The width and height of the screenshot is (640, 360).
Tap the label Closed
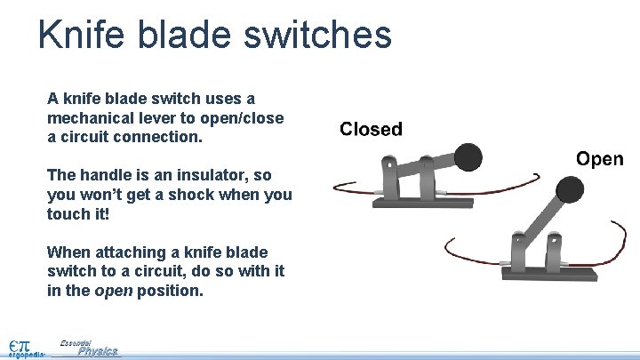pyautogui.click(x=371, y=130)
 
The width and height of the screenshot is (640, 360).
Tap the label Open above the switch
pyautogui.click(x=599, y=159)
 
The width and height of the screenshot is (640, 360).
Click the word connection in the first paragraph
pyautogui.click(x=165, y=138)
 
